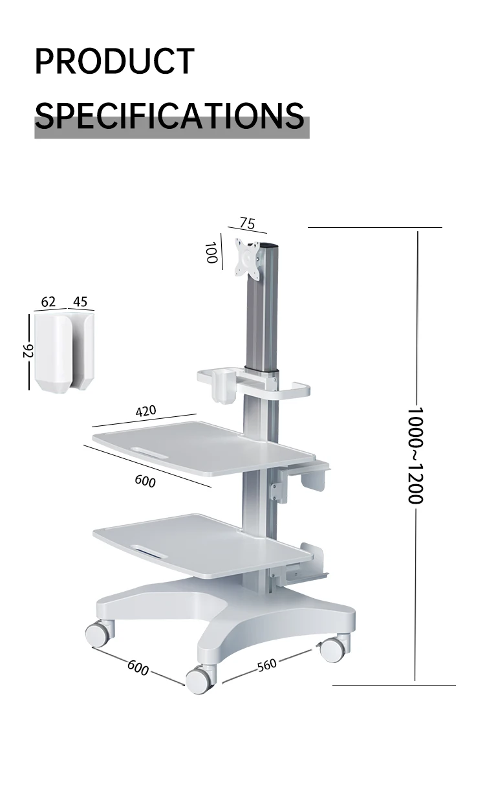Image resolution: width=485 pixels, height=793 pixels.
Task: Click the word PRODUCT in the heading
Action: point(114,61)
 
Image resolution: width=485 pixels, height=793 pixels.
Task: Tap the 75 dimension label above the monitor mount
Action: point(247,223)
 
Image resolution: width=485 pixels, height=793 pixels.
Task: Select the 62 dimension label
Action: point(48,302)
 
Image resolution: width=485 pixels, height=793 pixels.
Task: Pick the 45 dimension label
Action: point(80,302)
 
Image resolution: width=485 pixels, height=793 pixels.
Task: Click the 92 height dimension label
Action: point(28,351)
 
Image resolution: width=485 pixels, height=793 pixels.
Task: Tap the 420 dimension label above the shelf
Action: point(145,411)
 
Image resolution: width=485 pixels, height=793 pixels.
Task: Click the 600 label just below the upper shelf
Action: point(145,480)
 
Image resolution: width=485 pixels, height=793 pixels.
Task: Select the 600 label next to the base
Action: point(138,667)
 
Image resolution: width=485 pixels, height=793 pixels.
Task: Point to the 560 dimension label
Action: point(266,665)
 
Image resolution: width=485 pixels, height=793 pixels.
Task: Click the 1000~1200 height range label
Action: point(415,455)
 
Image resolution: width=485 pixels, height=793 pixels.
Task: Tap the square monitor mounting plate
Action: point(248,258)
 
